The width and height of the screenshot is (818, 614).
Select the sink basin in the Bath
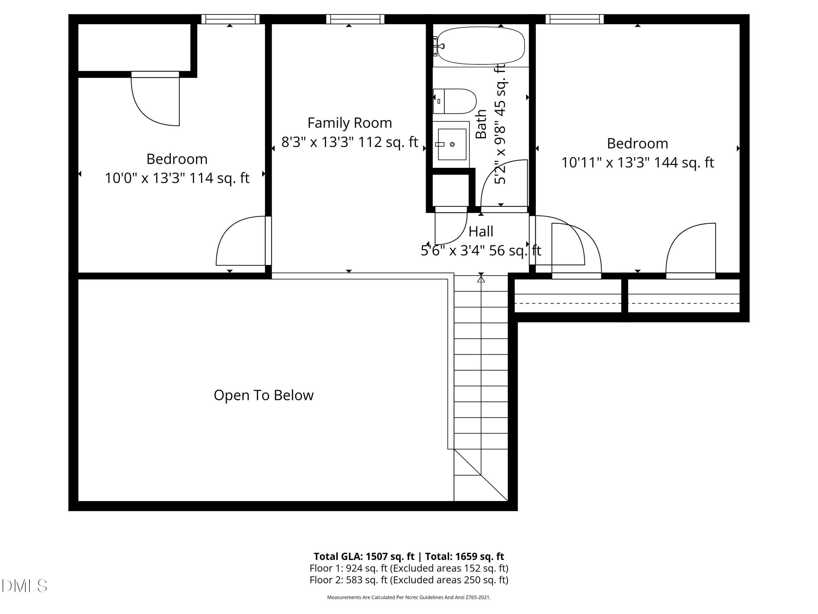[x=452, y=144]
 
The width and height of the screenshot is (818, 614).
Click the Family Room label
[x=350, y=123]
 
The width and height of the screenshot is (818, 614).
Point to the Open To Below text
[x=263, y=395]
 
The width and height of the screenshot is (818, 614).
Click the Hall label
[x=481, y=232]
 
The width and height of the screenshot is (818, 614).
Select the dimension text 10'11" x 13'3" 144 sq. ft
[x=637, y=162]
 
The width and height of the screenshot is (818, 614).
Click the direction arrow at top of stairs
[x=481, y=280]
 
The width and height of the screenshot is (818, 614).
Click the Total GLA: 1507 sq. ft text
[x=364, y=556]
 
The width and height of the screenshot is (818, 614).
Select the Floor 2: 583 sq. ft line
[x=409, y=580]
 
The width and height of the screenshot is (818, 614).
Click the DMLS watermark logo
[x=25, y=586]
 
